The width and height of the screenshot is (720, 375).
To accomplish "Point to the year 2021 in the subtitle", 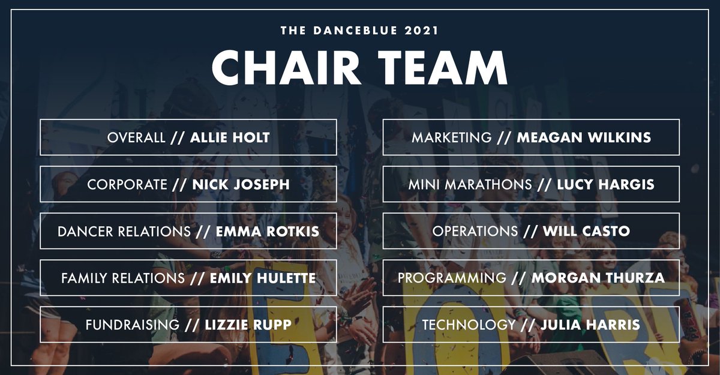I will pos(419,30).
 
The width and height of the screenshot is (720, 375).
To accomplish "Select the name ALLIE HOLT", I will pos(230,137).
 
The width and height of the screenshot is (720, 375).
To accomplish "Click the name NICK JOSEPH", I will pos(241,184).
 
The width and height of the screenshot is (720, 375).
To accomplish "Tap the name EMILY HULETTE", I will pos(262,278).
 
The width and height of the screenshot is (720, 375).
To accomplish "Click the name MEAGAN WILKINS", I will pos(584,137).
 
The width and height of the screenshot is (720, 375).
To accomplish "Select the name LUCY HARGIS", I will pos(605,184).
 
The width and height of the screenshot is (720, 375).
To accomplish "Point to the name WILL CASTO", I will pos(586,231).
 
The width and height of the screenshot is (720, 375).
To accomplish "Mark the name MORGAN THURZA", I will pos(598,278).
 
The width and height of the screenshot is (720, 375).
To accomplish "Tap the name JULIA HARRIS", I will pos(590,325).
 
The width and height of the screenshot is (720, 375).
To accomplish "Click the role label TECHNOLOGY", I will pos(469,325).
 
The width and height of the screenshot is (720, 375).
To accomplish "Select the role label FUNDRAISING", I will pos(132,325).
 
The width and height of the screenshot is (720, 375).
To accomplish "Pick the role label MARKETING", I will pos(451,137).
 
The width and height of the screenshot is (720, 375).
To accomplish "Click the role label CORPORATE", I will pos(127,184).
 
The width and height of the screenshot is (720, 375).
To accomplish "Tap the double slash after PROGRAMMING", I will pos(519,278).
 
